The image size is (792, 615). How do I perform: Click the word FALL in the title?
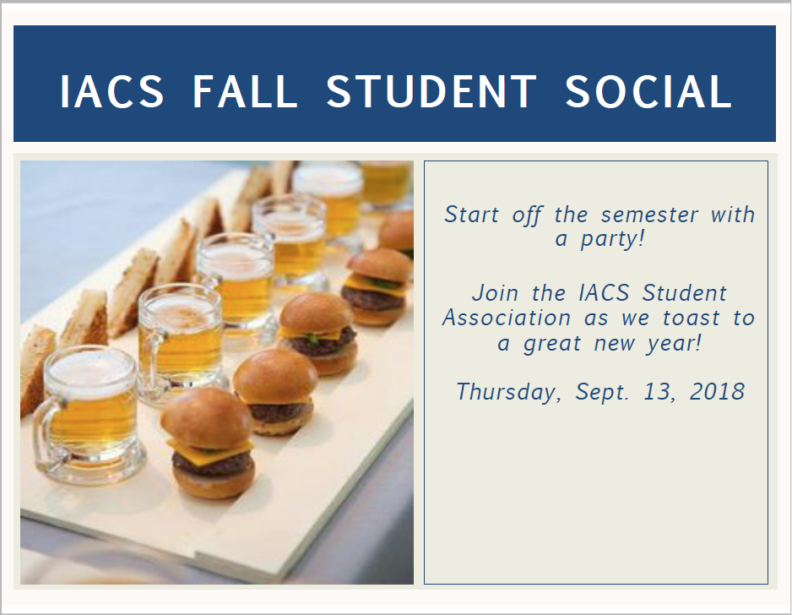245,91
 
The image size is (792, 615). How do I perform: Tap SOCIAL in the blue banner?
648,91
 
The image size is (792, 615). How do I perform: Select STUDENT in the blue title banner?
431,91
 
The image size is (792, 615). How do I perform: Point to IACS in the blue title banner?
112,91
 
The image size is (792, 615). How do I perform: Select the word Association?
507,318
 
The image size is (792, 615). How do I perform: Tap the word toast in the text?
678,318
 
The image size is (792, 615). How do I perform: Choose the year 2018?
717,392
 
